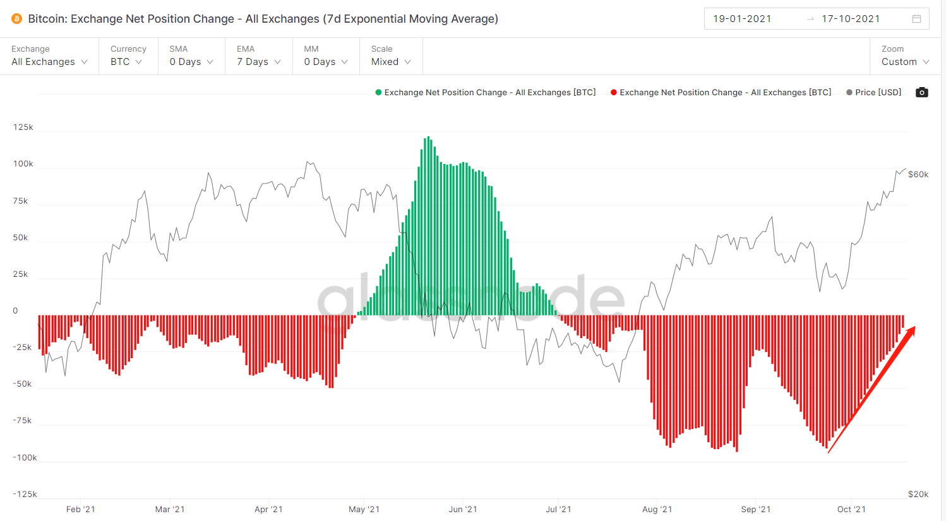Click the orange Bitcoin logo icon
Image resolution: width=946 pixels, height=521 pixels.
(17, 19)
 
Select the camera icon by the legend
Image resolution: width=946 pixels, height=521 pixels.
(922, 92)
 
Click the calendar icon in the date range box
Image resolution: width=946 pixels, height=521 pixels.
(916, 19)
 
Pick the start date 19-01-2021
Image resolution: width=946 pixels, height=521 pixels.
(742, 19)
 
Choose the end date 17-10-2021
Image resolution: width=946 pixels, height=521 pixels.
(851, 19)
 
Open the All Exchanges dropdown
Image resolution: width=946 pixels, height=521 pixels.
(49, 62)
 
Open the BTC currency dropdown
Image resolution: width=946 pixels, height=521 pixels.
(126, 62)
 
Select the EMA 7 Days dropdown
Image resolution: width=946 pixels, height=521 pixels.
(258, 62)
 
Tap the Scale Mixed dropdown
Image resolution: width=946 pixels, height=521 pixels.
(391, 62)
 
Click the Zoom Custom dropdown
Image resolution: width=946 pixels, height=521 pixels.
(905, 62)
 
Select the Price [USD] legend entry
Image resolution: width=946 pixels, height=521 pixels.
(874, 93)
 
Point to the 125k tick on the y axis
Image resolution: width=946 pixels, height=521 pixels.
(23, 127)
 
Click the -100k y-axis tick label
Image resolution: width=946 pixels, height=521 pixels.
(25, 458)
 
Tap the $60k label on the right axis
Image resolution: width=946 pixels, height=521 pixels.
(918, 175)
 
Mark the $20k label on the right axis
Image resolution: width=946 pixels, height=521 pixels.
(918, 495)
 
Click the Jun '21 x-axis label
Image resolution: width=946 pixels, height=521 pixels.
(463, 510)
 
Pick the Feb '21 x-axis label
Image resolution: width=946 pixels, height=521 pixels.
(81, 510)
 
